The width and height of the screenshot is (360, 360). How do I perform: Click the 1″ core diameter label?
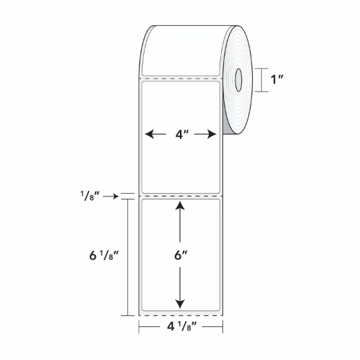pos(277,80)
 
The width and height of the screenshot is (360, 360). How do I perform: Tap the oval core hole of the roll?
pos(238,80)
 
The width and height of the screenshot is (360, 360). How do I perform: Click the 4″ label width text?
pos(182,134)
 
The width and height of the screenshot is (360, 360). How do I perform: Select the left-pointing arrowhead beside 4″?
pos(149,134)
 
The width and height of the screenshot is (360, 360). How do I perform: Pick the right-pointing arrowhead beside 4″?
pos(212,134)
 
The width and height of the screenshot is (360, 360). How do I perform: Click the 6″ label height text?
pos(181,256)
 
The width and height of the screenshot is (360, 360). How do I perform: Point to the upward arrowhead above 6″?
pos(180,206)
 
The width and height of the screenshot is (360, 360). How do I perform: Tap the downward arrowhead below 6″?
pos(180,304)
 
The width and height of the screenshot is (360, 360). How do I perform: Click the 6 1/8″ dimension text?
pos(104,256)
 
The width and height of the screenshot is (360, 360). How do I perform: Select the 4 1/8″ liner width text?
pos(182,326)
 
